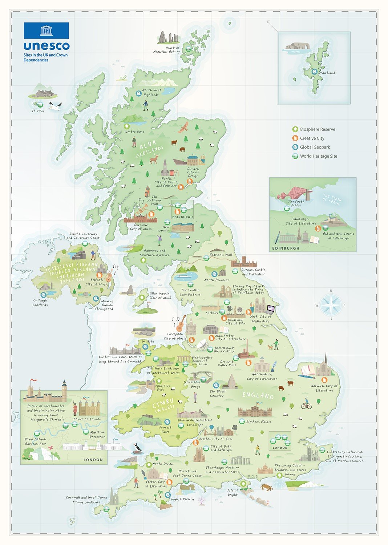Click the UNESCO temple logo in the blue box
[46, 31]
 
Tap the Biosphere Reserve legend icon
[295, 129]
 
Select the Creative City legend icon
[295, 138]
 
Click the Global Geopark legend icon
[295, 147]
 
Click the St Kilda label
[38, 111]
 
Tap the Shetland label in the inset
[328, 73]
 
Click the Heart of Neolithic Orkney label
[167, 50]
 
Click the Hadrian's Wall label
[223, 255]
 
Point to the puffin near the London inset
[138, 448]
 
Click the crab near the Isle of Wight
[267, 487]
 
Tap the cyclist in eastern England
[306, 404]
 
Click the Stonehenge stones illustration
[240, 460]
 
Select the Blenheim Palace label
[259, 422]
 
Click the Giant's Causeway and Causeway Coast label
[83, 236]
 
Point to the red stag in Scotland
[155, 158]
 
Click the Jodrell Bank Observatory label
[224, 350]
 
